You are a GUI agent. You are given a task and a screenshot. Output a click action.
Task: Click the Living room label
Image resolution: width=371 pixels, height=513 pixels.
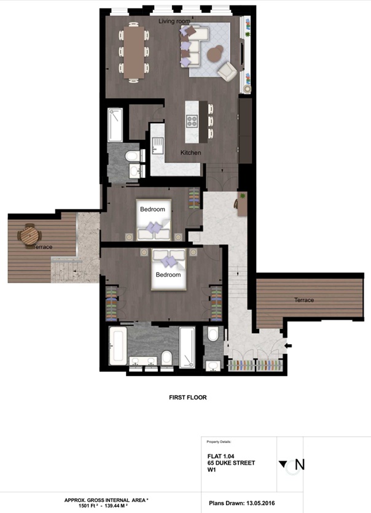pos(174,21)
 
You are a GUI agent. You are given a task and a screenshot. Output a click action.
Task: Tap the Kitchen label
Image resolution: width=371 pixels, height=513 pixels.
pos(190,153)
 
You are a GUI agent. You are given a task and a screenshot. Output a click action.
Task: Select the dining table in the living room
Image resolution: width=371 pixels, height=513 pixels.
pos(134,52)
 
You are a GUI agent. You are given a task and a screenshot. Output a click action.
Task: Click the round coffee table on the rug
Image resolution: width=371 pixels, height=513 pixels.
pos(215,53)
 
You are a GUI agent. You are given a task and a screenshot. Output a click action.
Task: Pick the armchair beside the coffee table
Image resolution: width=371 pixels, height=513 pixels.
pos(227,71)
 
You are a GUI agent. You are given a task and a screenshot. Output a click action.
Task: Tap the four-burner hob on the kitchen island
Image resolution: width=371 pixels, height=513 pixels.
pos(192,121)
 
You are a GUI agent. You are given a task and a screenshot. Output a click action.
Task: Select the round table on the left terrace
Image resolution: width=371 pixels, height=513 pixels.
pos(30,234)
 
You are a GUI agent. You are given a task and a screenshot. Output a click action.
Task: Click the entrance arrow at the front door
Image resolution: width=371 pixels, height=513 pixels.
pos(289,345)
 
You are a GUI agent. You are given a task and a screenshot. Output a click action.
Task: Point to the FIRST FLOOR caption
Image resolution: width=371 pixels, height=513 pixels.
pos(187,398)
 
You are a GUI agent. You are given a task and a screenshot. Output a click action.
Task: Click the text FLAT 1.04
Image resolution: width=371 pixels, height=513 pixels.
pos(221,456)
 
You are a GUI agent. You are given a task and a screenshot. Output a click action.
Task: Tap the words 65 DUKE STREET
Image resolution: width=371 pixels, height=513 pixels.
pos(231,463)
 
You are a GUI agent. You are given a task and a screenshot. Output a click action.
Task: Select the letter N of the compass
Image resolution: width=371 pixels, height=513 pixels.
pos(300,465)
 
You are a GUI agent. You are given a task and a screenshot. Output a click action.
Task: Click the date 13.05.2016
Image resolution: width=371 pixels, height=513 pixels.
pos(260,503)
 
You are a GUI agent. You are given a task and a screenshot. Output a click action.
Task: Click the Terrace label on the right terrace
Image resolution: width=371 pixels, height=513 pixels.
pos(304,300)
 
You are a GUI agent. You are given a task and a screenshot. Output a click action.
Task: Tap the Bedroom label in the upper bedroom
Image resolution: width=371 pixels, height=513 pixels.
pos(152,209)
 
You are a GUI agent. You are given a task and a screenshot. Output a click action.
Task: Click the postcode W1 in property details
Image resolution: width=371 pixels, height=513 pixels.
pos(212,470)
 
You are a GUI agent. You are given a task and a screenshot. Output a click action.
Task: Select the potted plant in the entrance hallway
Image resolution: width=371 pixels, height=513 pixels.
pos(242,196)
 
